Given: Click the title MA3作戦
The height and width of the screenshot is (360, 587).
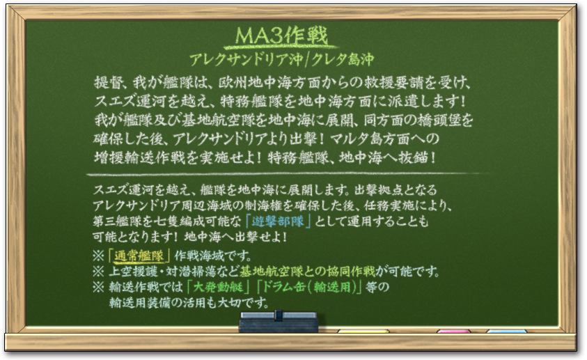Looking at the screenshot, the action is tap(281, 36).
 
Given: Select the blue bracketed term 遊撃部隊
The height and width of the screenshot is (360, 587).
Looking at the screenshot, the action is tap(278, 221).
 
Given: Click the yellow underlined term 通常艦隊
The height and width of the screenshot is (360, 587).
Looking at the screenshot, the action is tap(139, 256).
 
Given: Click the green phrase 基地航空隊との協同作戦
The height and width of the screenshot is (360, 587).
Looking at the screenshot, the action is tap(307, 272).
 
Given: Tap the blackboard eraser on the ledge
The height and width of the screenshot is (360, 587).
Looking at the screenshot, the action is tap(279, 322).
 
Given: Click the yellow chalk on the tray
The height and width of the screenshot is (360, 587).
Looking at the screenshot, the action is tap(363, 331).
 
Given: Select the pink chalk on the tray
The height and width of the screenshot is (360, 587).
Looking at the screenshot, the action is tap(454, 331).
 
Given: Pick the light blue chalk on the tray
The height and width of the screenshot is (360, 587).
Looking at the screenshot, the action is tap(506, 331).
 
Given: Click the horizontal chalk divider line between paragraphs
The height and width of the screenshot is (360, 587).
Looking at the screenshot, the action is tap(288, 174).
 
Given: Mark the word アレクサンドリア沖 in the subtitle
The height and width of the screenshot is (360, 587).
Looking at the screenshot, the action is tap(246, 60).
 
